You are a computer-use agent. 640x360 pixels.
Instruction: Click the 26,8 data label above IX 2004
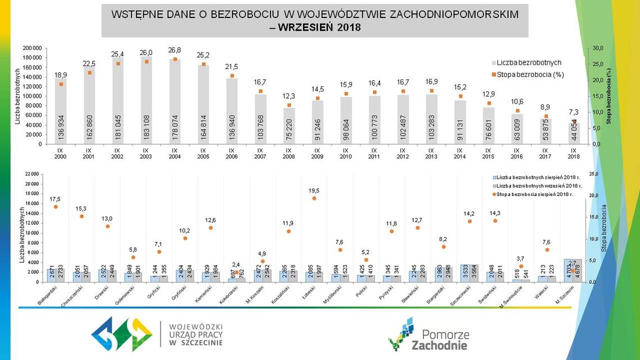click(174, 50)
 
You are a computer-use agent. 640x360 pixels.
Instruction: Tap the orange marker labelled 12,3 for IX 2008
click(289, 105)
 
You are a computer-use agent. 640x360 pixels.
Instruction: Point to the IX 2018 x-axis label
click(573, 153)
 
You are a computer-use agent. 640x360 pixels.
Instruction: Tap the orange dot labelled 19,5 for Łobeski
click(314, 198)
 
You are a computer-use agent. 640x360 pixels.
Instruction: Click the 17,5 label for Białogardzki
click(55, 199)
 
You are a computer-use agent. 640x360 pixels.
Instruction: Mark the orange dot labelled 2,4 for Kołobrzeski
click(237, 272)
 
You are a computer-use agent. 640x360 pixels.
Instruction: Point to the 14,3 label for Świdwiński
click(495, 213)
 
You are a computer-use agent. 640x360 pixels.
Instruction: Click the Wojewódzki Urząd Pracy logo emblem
click(122, 334)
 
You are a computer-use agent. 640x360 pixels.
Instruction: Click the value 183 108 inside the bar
click(146, 127)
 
